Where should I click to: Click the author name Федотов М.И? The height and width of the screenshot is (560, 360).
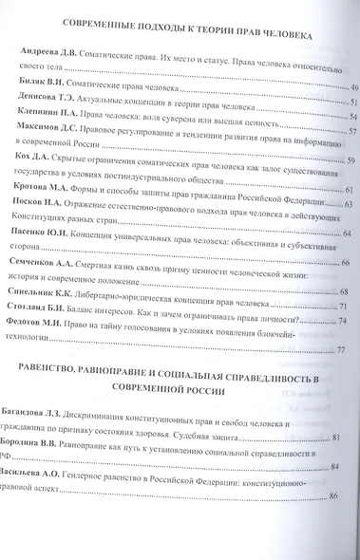(x=43, y=324)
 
